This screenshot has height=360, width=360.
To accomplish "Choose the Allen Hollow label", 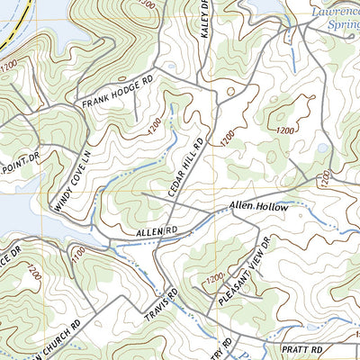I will pyautogui.click(x=258, y=207).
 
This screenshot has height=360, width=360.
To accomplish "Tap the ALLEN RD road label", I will pyautogui.click(x=153, y=232).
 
